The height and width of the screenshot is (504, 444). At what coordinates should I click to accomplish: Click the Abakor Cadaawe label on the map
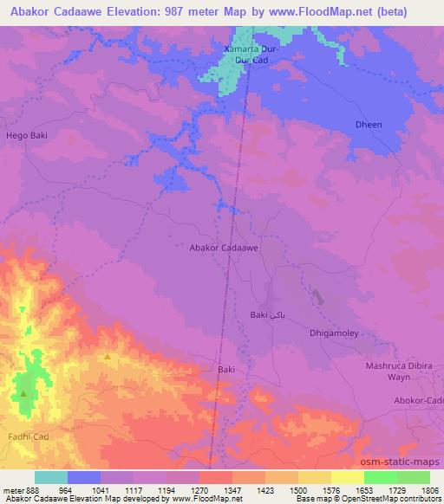click(225, 247)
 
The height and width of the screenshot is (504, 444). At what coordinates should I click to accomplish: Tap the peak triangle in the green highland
click(23, 393)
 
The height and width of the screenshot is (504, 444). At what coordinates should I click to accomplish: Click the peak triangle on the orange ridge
click(108, 357)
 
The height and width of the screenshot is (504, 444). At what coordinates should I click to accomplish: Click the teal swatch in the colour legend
click(51, 477)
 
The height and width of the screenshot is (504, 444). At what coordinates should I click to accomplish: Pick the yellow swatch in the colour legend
click(348, 477)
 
